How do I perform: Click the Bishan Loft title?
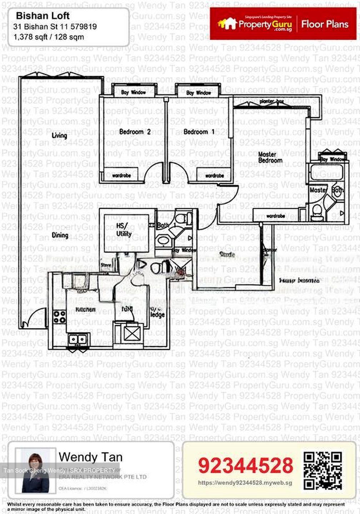pyautogui.click(x=42, y=16)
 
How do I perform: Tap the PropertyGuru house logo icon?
pyautogui.click(x=227, y=24)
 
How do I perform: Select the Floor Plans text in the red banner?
pyautogui.click(x=325, y=24)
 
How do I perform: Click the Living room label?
pyautogui.click(x=59, y=135)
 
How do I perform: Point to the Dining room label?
pyautogui.click(x=60, y=235)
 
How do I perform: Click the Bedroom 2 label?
pyautogui.click(x=135, y=132)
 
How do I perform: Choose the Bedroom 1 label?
pyautogui.click(x=199, y=132)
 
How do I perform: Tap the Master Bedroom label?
pyautogui.click(x=270, y=157)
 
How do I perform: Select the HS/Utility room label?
pyautogui.click(x=124, y=230)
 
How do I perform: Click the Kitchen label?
pyautogui.click(x=85, y=309)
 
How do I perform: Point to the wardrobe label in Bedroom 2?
pyautogui.click(x=121, y=176)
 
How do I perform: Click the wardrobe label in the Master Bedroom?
pyautogui.click(x=275, y=216)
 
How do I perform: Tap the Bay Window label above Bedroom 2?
pyautogui.click(x=133, y=92)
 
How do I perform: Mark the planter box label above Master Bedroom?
pyautogui.click(x=271, y=101)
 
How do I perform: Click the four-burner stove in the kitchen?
pyautogui.click(x=59, y=317)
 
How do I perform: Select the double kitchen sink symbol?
pyautogui.click(x=79, y=339)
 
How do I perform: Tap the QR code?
pyautogui.click(x=322, y=470)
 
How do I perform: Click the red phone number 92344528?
pyautogui.click(x=245, y=465)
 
